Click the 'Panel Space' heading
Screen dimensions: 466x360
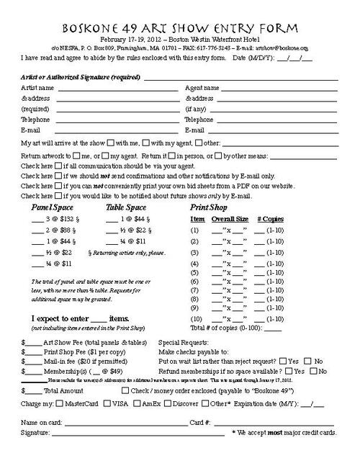pos(52,207)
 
